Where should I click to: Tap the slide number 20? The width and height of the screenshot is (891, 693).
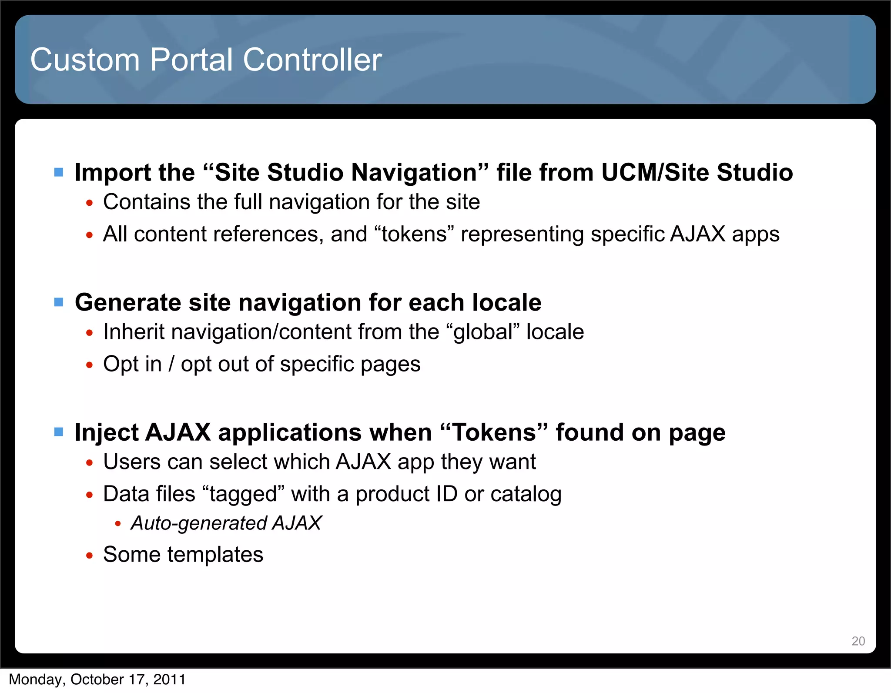pos(858,641)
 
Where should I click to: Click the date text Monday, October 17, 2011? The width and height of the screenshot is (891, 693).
pos(97,680)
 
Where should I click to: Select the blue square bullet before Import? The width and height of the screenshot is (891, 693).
pos(59,173)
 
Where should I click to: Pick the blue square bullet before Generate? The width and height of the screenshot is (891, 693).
pos(59,302)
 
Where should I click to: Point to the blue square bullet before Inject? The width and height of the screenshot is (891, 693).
pos(59,432)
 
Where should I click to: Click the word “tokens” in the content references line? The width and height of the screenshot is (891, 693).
pos(414,234)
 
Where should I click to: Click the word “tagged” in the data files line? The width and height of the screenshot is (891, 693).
pos(243,494)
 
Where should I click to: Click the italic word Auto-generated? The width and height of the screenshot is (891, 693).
pos(198,523)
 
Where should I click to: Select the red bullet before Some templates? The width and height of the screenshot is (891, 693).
pos(89,556)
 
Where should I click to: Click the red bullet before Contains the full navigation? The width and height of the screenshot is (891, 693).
pos(89,203)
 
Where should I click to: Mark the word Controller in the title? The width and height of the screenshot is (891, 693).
pos(312,60)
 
